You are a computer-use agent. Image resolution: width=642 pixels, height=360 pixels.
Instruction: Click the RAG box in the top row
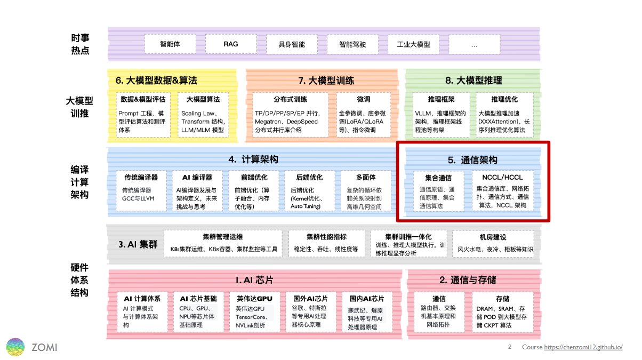point(231,44)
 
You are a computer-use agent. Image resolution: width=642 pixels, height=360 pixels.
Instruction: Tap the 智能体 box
point(170,44)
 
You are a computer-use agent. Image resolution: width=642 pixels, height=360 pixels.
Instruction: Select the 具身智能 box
point(292,44)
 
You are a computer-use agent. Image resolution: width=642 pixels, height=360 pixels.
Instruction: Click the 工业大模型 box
point(413,44)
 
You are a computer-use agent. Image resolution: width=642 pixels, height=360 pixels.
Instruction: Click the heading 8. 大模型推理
point(474,81)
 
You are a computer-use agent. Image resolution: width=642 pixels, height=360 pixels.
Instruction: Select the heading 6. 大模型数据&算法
point(156,81)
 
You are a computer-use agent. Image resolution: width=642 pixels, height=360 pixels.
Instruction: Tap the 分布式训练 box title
point(290,100)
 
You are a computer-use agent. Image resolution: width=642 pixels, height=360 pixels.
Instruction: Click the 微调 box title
point(364,100)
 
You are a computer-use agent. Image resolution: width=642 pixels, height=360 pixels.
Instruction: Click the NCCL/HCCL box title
point(502,178)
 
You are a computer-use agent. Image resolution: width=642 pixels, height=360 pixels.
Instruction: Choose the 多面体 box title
point(365,178)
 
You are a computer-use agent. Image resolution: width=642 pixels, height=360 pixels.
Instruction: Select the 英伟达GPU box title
point(254,299)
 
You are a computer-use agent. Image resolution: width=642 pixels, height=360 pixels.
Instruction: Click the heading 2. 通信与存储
point(468,280)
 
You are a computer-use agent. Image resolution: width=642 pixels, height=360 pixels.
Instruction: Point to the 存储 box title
point(502,299)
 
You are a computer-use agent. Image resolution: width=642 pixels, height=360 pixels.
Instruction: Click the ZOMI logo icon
point(15,347)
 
